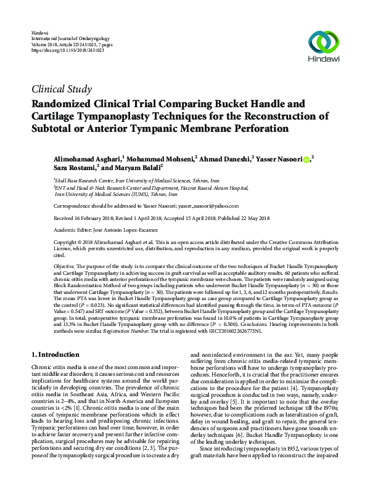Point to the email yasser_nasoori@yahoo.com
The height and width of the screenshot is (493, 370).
tap(212, 206)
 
